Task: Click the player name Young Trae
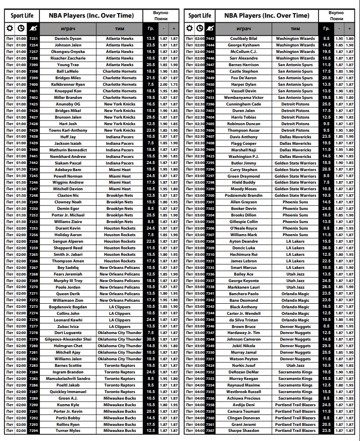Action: coord(68,65)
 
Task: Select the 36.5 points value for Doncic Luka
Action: coord(326,248)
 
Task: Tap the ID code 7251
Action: coord(33,38)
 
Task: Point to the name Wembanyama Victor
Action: coord(243,97)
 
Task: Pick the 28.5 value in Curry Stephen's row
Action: coord(326,170)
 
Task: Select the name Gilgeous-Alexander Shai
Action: coord(68,340)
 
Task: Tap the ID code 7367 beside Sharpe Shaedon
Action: coord(210,431)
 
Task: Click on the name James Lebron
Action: coord(243,261)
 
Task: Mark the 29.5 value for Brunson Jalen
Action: coord(150,117)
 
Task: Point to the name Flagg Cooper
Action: coord(243,143)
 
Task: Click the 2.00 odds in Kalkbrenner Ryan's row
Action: coord(164,84)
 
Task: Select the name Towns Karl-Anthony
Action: coord(68,130)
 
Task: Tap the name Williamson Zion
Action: coord(68,300)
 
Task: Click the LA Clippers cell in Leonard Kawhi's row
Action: coord(120,320)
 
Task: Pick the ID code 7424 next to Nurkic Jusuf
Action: coord(210,365)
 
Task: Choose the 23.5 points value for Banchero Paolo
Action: coord(326,294)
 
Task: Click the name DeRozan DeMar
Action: coord(243,372)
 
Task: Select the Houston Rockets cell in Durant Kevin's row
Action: coord(120,228)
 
